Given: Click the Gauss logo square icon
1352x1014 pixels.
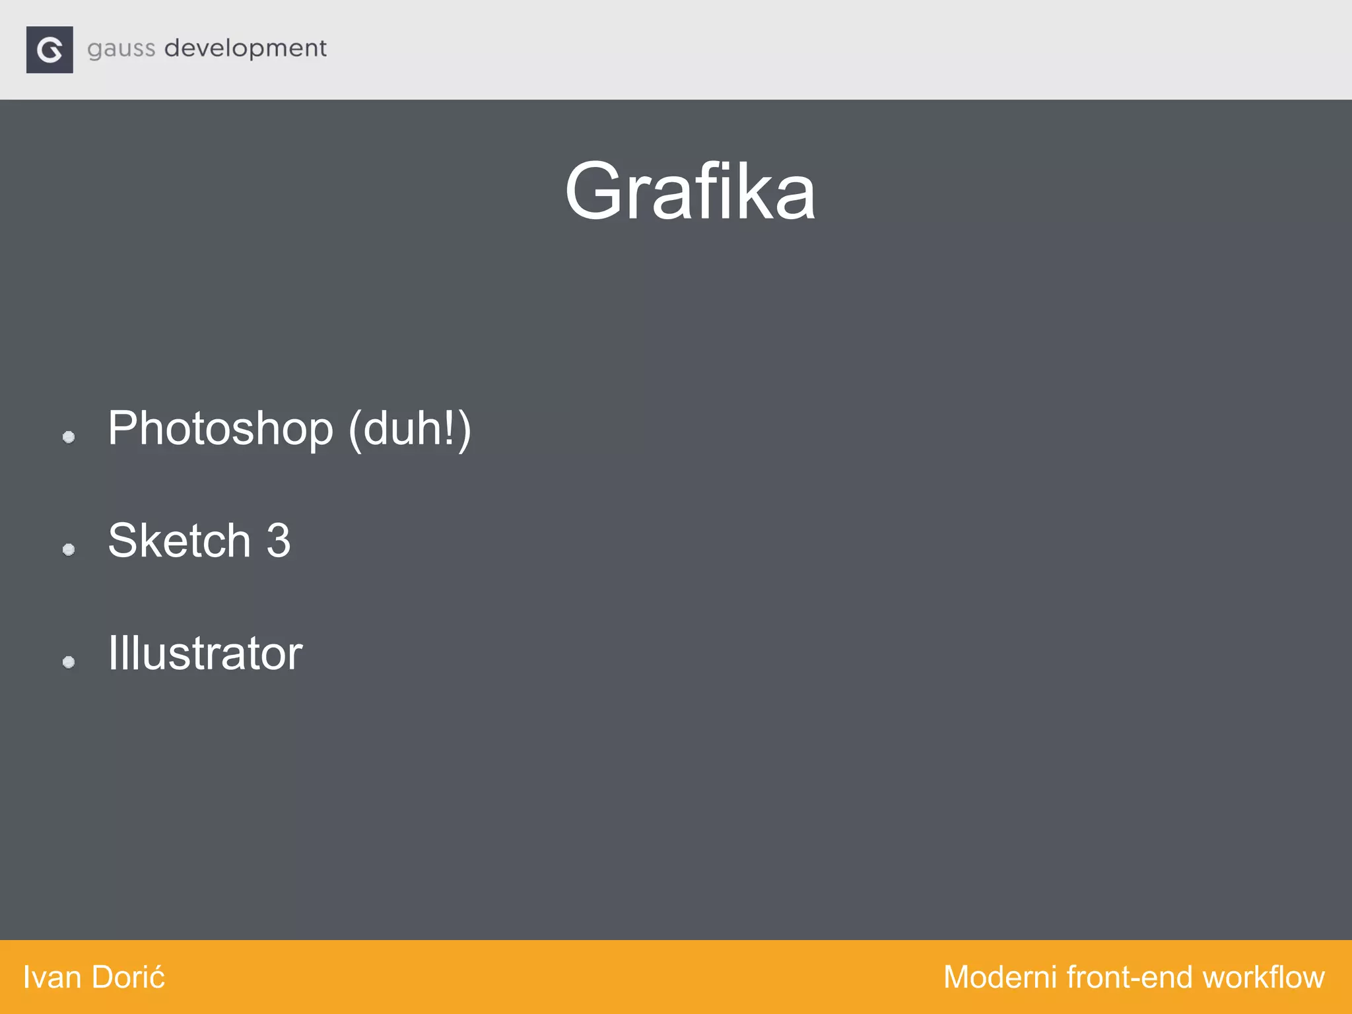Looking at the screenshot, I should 50,50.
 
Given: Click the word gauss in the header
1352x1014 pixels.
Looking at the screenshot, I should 121,50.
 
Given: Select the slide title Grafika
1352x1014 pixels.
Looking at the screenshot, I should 690,192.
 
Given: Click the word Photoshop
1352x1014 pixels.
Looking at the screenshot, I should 220,429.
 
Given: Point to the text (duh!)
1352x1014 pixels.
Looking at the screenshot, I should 409,429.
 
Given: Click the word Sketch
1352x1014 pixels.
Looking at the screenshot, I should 179,541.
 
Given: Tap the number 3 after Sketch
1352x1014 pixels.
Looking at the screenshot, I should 278,541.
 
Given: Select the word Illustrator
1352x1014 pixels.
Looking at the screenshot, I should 205,654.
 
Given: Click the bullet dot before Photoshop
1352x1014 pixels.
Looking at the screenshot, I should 69,436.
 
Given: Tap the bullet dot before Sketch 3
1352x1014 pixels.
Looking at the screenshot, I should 69,549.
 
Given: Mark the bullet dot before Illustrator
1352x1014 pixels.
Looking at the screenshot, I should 69,661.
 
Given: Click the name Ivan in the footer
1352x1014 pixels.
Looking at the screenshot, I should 52,978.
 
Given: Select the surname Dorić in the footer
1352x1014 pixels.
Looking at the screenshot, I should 129,978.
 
